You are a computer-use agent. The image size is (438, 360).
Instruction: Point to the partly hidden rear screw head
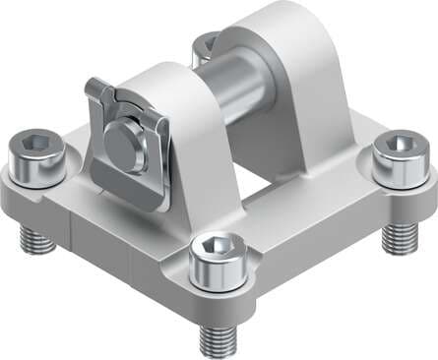pos(206,44)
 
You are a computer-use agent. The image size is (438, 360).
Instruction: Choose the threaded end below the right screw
pos(398,235)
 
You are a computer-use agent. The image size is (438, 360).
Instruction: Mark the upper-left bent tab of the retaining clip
pos(94,92)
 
